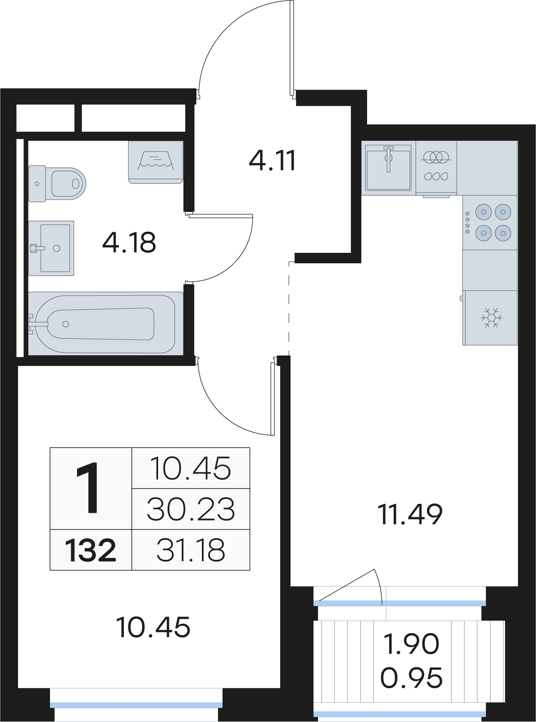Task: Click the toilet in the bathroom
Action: tap(57, 183)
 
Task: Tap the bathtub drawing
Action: tap(106, 323)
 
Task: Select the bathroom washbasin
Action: tap(51, 248)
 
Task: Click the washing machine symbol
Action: tap(156, 162)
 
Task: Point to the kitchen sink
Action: tap(388, 168)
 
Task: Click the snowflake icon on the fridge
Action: tap(492, 317)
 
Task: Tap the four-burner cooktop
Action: tap(490, 222)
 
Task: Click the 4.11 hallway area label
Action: tap(272, 160)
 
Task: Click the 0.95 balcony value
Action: tap(411, 678)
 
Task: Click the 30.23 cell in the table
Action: tap(191, 509)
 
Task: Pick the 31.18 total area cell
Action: tap(191, 550)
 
